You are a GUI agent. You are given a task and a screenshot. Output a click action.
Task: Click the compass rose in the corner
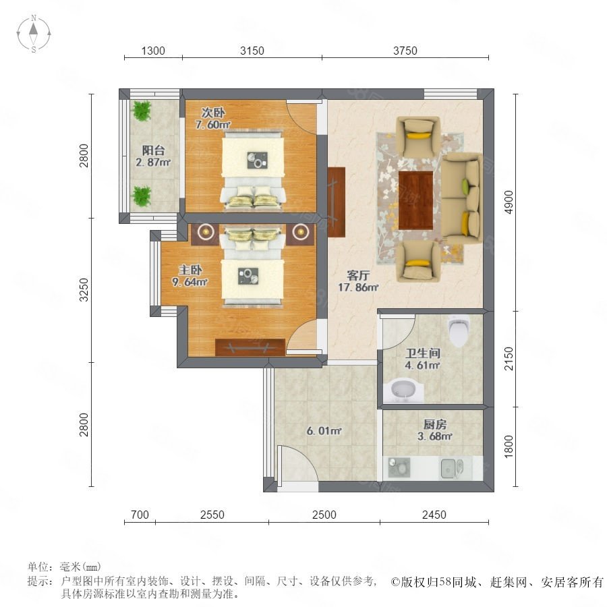pos(34,34)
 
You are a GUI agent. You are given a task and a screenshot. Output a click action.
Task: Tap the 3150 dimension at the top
pos(252,51)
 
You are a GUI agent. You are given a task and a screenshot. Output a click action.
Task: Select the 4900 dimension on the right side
pos(509,202)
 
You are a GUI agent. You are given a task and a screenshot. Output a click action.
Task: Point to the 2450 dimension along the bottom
pos(434,515)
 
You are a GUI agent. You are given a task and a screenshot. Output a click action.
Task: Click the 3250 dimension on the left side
pos(84,289)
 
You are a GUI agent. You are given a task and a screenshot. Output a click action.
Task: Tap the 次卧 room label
pos(213,113)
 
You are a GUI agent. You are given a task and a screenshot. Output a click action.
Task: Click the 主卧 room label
pos(190,270)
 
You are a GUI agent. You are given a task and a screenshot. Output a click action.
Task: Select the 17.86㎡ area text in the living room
pos(358,287)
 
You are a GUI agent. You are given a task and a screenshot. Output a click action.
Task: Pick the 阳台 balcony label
pos(153,150)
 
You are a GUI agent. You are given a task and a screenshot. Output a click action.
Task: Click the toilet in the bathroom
pos(459,330)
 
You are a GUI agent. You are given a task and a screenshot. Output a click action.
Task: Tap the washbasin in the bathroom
pos(403,391)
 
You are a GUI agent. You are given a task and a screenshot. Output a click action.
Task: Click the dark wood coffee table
pos(415,200)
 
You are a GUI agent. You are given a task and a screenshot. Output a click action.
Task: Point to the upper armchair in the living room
pos(418,136)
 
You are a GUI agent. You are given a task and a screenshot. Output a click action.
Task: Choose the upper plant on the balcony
pos(142,111)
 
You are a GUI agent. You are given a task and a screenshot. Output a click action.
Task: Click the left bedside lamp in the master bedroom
pos(206,232)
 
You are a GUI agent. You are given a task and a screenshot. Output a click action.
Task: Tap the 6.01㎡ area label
pos(324,431)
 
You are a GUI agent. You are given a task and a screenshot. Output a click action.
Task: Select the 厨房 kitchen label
pos(435,425)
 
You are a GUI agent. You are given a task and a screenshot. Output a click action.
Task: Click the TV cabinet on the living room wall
pos(336,202)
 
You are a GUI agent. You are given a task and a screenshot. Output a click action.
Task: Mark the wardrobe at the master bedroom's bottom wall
pos(250,347)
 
